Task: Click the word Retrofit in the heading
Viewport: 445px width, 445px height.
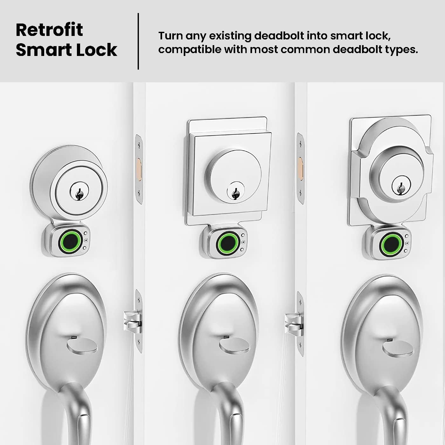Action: [x=49, y=30]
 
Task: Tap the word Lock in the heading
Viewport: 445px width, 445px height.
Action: [x=98, y=50]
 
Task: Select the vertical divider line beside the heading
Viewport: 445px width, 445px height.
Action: [x=138, y=41]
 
